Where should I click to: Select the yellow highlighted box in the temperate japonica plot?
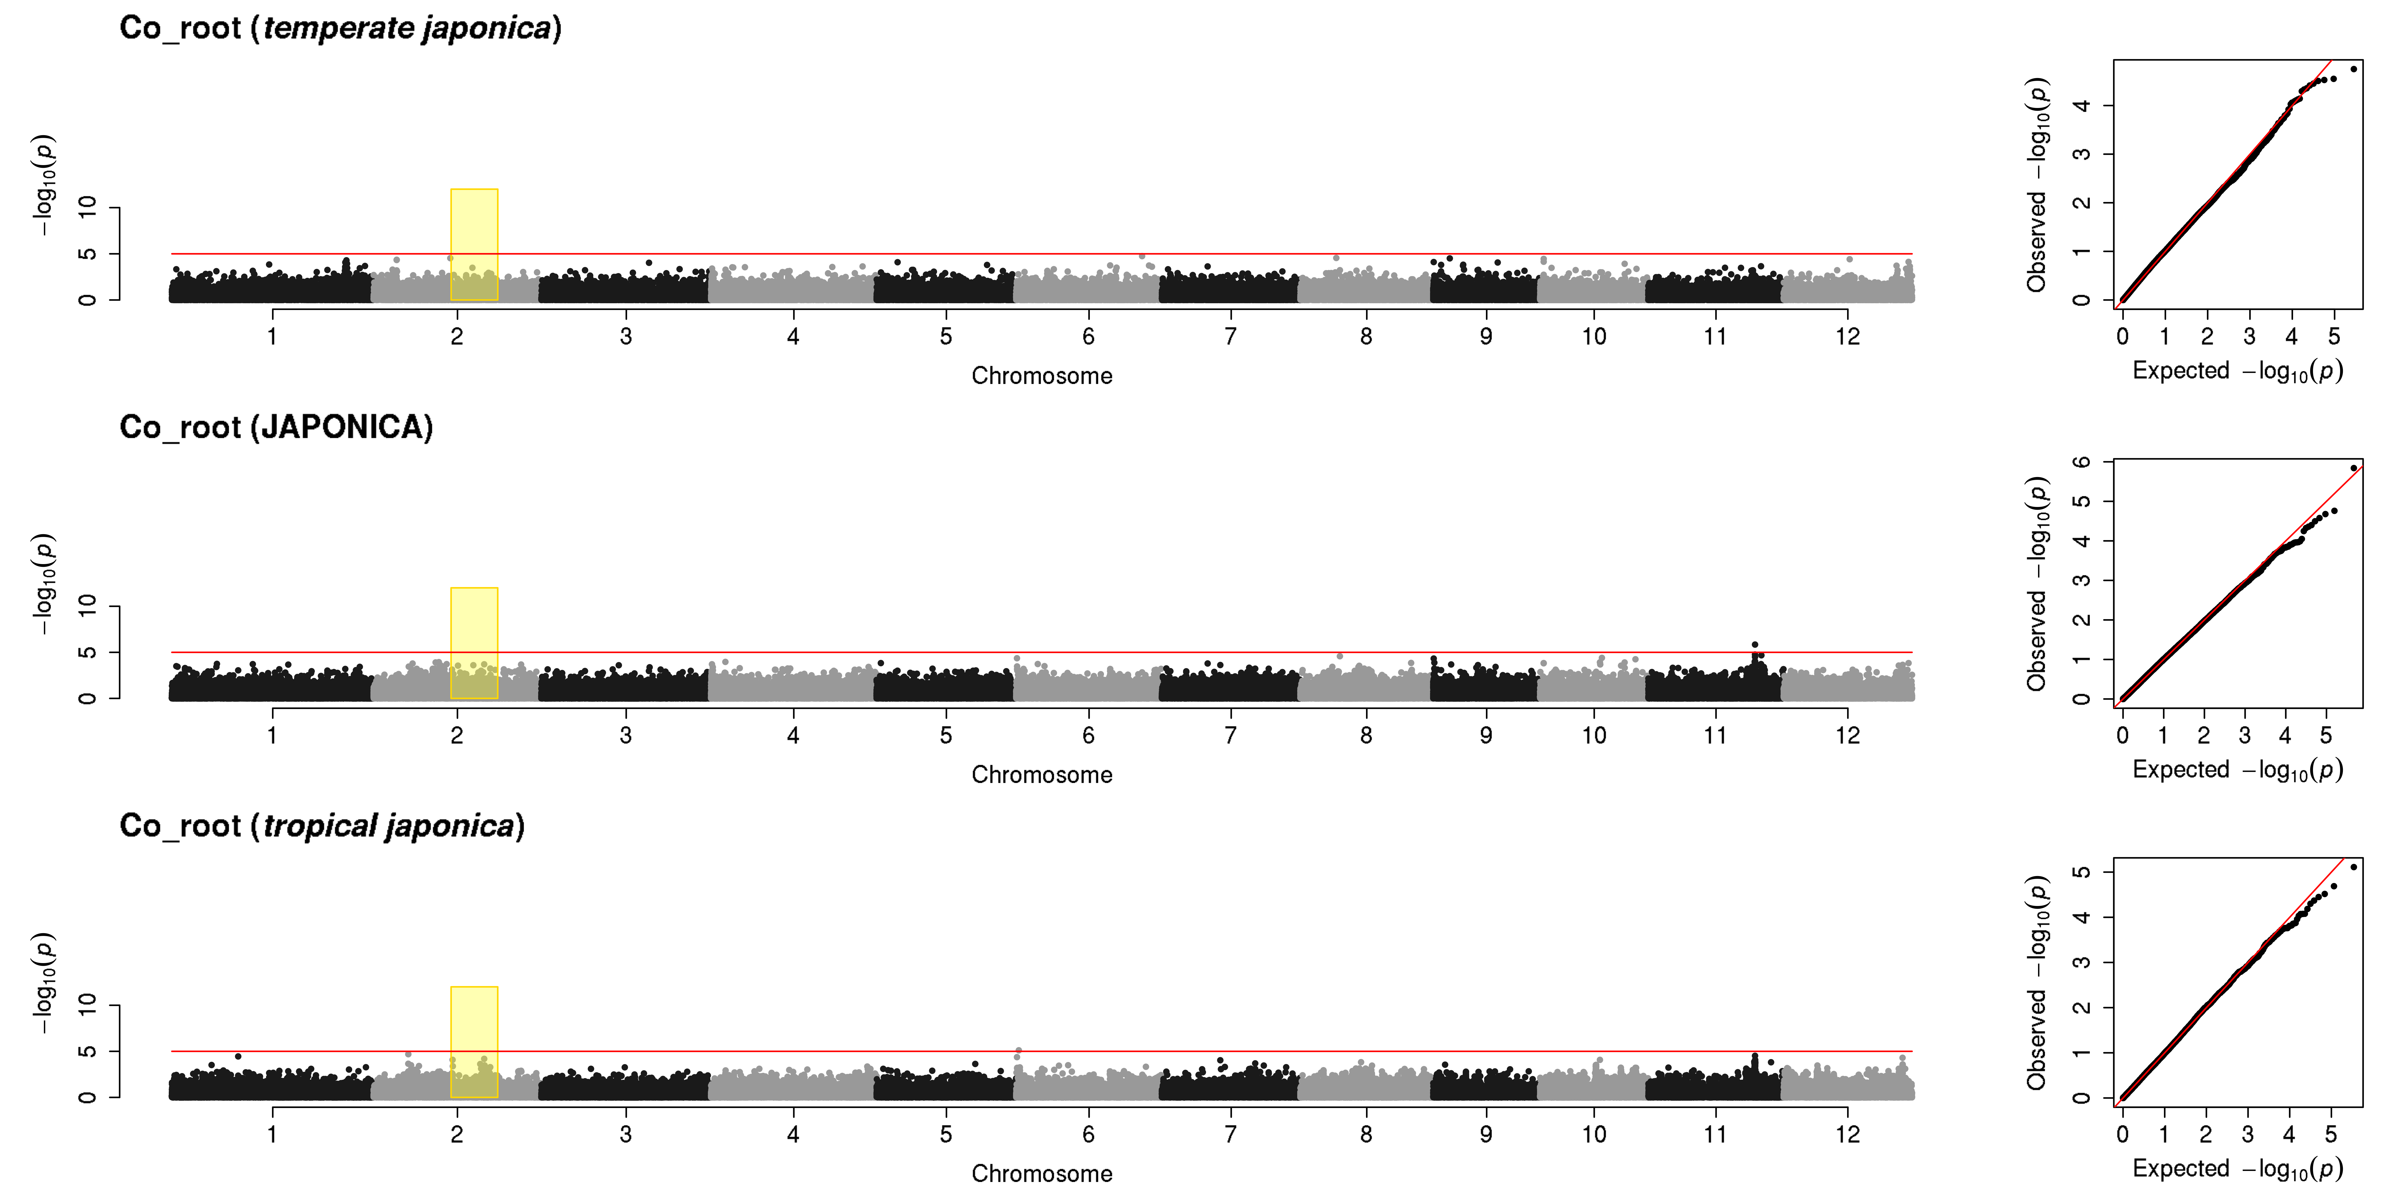tap(474, 244)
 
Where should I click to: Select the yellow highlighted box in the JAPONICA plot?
tap(474, 643)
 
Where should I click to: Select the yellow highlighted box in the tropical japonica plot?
tap(474, 1042)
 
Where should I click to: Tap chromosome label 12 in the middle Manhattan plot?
tap(1848, 735)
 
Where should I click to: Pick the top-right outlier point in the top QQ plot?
tap(2353, 69)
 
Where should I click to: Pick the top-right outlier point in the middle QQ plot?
tap(2353, 468)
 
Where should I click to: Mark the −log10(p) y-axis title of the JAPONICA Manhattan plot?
tap(44, 585)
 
